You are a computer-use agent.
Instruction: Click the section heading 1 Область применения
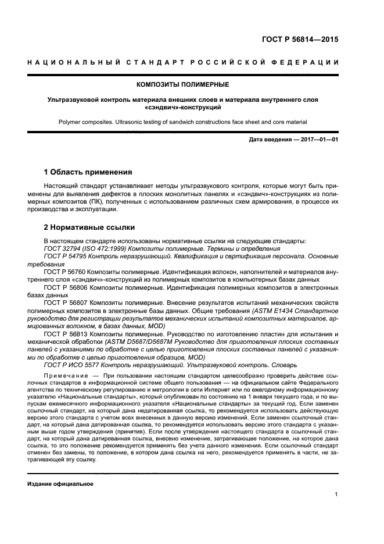pos(88,172)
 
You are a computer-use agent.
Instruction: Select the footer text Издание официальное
pos(60,484)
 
